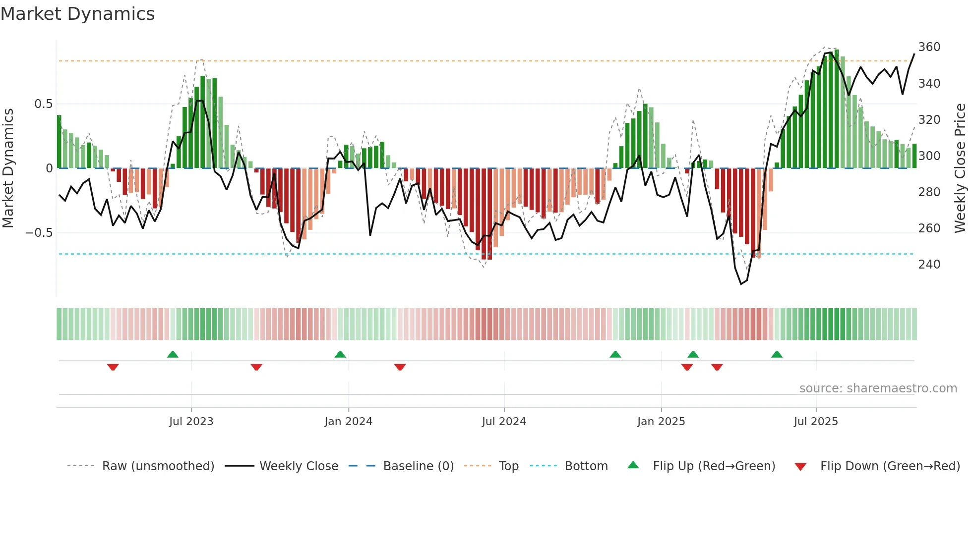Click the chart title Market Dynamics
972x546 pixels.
tap(77, 14)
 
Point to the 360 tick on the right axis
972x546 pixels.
tap(929, 47)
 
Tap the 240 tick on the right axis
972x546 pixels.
tap(929, 265)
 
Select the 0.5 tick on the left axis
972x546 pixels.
tap(43, 104)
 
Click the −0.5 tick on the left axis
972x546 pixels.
tap(39, 233)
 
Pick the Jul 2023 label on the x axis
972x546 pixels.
tap(191, 422)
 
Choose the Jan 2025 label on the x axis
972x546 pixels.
tap(661, 422)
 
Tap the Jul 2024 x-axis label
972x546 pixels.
tap(503, 422)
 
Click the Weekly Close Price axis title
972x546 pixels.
tap(960, 168)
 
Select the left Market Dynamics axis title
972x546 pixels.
tap(8, 168)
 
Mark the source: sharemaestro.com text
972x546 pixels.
tap(878, 388)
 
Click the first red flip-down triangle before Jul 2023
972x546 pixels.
tap(113, 367)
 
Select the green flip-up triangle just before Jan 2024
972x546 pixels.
tap(340, 354)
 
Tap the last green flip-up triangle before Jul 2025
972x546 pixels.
tap(777, 354)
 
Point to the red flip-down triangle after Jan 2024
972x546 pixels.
tap(400, 367)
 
